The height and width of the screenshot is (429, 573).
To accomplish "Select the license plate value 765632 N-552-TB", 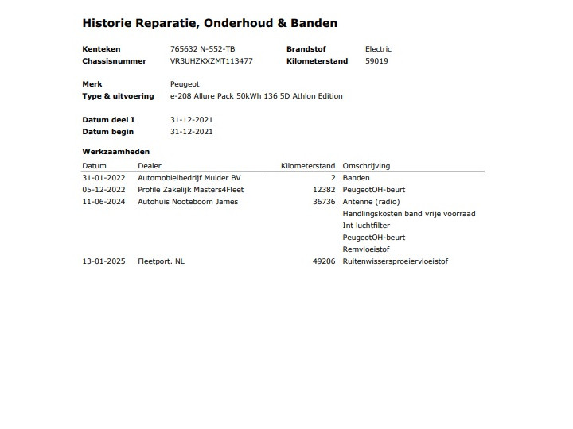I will click(x=202, y=49).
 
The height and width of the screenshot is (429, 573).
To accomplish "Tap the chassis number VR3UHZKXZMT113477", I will click(x=212, y=60).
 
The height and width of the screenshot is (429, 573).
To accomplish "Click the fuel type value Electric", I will click(x=378, y=49).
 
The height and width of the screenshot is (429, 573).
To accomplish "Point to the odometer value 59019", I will click(x=376, y=60).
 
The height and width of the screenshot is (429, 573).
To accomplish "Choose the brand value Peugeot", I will click(x=185, y=84).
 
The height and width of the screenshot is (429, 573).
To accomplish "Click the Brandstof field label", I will click(x=306, y=49).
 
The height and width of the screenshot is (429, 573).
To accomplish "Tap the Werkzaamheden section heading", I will click(x=115, y=151).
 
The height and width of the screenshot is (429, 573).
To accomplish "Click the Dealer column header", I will click(x=150, y=166).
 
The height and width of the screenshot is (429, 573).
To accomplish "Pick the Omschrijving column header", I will click(x=366, y=166).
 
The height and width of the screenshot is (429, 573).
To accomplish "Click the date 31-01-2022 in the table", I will click(x=103, y=178).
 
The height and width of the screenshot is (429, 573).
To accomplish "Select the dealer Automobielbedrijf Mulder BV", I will click(x=189, y=178).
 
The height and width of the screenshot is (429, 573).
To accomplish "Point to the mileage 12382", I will click(x=325, y=190).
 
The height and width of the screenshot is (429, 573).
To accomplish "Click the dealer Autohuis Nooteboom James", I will click(x=188, y=202).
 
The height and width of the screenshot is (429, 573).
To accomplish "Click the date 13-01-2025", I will click(x=103, y=261).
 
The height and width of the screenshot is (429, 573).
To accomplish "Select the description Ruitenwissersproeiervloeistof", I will click(x=395, y=261).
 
